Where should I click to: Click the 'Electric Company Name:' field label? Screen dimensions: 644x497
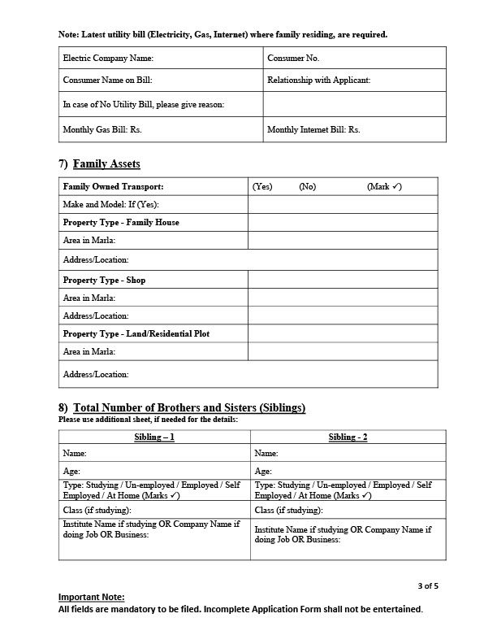click(x=108, y=59)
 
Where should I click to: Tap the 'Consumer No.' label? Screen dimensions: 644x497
click(x=293, y=59)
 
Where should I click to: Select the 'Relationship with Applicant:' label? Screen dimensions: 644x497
click(x=318, y=80)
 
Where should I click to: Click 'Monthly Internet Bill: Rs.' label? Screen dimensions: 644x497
click(x=313, y=129)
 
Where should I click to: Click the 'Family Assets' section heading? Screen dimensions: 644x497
click(x=106, y=164)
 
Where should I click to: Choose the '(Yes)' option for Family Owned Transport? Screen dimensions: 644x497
click(x=262, y=187)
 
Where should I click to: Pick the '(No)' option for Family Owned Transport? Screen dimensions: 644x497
click(x=307, y=187)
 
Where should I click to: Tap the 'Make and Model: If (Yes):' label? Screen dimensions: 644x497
click(x=110, y=204)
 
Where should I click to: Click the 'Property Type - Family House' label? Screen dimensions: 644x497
click(x=121, y=222)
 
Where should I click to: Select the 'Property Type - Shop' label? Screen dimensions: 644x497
click(x=104, y=281)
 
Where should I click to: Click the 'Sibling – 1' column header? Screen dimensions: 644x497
click(x=154, y=437)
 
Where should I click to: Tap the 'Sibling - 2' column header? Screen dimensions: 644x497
click(x=348, y=437)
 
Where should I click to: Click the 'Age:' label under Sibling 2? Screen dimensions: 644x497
click(x=263, y=471)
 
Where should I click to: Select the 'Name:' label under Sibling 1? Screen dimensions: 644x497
click(x=75, y=453)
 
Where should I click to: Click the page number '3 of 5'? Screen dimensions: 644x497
click(x=428, y=585)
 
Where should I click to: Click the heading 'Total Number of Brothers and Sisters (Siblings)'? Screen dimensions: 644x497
click(x=189, y=407)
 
